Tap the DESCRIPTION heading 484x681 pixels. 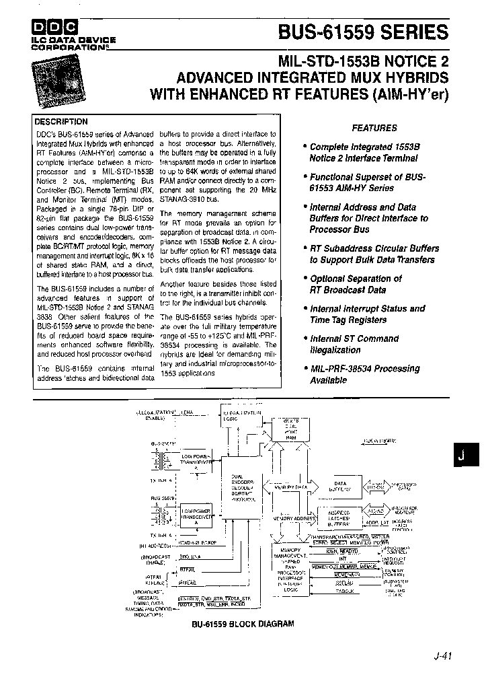coord(61,122)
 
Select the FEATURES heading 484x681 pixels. coord(374,128)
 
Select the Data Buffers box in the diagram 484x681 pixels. coord(340,487)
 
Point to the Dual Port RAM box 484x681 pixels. coord(290,429)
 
